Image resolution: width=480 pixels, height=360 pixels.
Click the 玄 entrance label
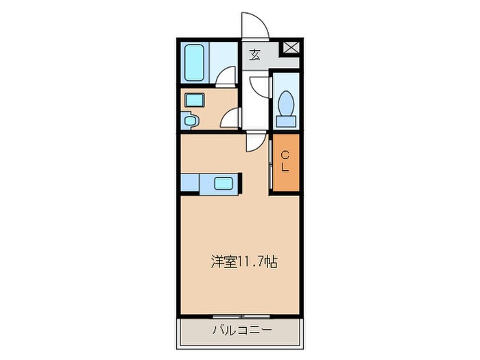(x=254, y=55)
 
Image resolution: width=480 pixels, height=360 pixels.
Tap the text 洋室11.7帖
(x=243, y=261)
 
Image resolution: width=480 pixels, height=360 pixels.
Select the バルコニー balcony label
(x=241, y=330)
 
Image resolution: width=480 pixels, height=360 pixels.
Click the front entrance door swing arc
(x=253, y=24)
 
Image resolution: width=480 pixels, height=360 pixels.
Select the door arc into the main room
(x=254, y=141)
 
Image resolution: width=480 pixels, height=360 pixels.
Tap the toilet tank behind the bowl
(x=285, y=121)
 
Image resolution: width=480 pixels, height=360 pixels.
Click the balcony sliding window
(x=241, y=316)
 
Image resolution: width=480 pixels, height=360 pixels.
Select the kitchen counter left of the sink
(x=191, y=183)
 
